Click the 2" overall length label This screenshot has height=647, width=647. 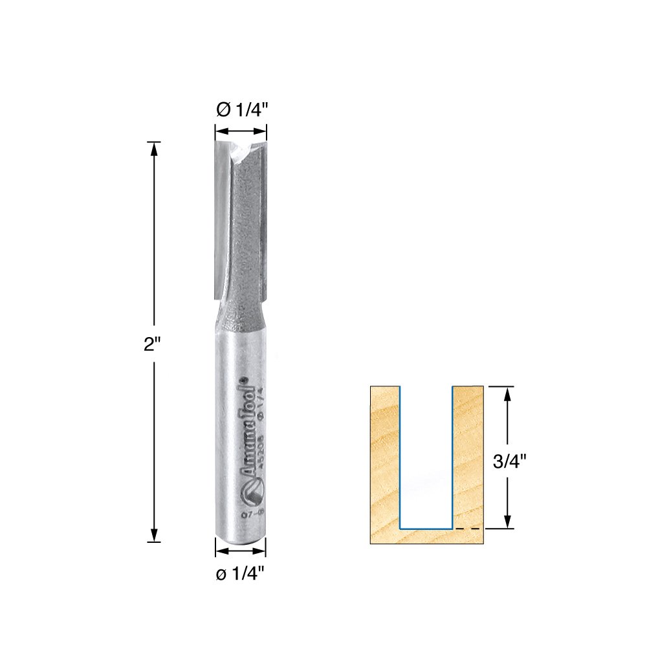click(153, 344)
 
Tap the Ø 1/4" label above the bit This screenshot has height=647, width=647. click(241, 111)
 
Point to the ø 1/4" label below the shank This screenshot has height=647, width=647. click(241, 573)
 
